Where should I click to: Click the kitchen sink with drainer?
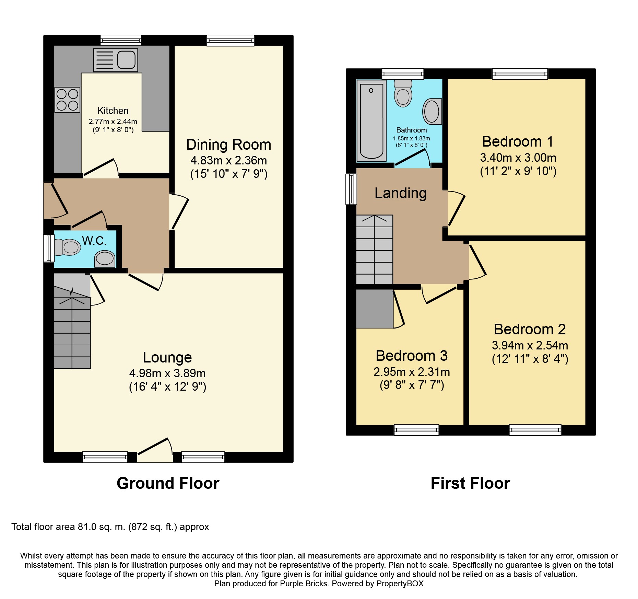point(116,60)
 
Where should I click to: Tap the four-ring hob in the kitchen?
point(67,100)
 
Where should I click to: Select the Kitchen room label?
point(113,111)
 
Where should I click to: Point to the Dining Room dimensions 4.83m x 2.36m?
point(229,160)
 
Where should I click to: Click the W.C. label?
point(94,241)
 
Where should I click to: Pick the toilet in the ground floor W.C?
point(67,247)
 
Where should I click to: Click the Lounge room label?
point(167,358)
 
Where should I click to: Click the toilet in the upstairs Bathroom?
point(403,93)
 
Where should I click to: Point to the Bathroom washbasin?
point(432,111)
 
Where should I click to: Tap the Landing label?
point(401,193)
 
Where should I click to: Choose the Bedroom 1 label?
point(518,141)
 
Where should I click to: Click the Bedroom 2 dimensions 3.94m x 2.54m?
point(530,345)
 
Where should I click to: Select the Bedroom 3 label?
point(412,356)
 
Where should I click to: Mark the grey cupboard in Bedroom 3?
point(375,309)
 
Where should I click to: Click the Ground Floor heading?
point(168,484)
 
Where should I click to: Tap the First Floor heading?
point(470,483)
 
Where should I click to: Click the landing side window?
point(351,189)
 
